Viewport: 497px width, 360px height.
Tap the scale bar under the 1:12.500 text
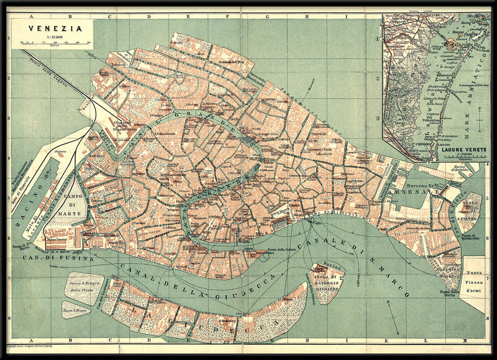pos(52,43)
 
